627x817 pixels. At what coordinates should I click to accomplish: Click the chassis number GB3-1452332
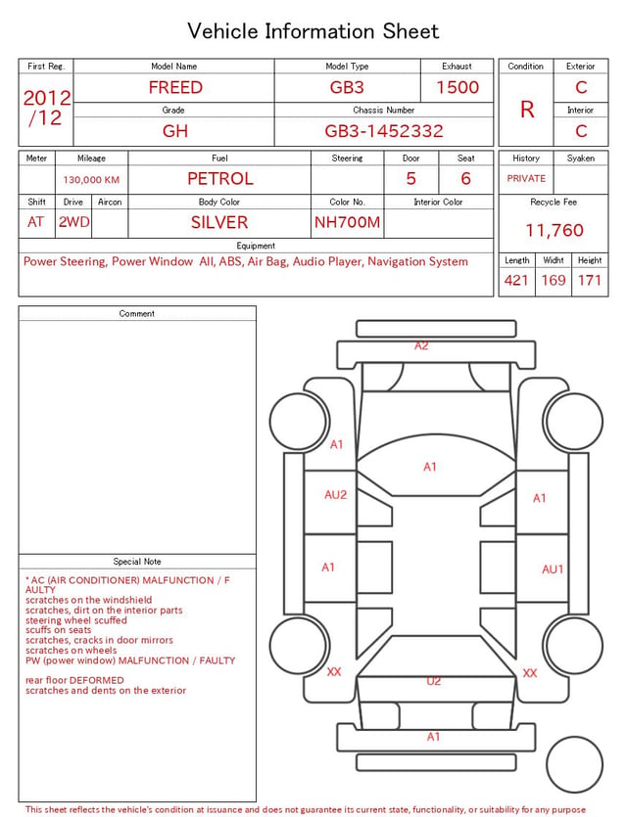coord(384,131)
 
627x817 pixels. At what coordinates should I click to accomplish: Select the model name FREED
coord(175,87)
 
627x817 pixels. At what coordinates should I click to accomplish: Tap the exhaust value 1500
coord(458,87)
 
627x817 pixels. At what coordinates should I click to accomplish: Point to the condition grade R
coord(527,110)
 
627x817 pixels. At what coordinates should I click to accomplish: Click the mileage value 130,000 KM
coord(91,180)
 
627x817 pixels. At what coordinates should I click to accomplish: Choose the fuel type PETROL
coord(220,179)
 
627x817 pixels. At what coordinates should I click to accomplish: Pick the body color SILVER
coord(219,222)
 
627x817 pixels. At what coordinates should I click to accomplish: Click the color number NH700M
coord(347,222)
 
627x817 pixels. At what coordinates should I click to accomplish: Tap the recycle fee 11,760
coord(554,230)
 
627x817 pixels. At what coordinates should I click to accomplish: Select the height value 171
coord(590,280)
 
